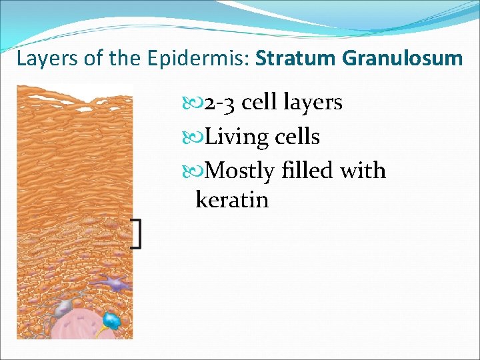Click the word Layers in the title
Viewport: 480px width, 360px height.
[43, 59]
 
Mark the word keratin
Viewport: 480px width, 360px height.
[232, 199]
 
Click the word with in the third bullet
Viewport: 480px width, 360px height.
[363, 171]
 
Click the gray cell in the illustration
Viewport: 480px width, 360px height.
[64, 307]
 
